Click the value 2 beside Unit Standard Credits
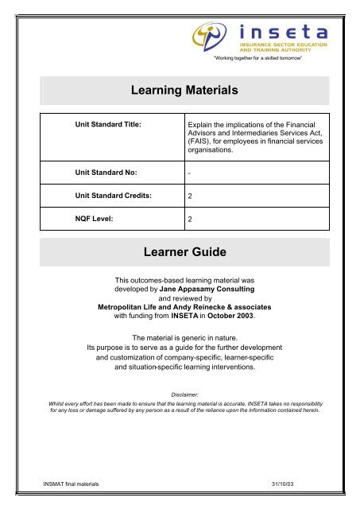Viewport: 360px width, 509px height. click(190, 195)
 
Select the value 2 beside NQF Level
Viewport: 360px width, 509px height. click(190, 216)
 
